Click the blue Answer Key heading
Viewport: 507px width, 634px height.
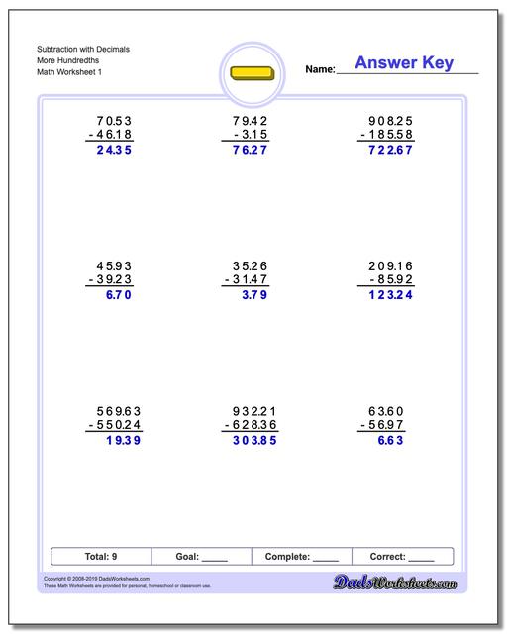404,63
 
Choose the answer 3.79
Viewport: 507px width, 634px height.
254,295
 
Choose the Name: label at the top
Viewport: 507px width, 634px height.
320,70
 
